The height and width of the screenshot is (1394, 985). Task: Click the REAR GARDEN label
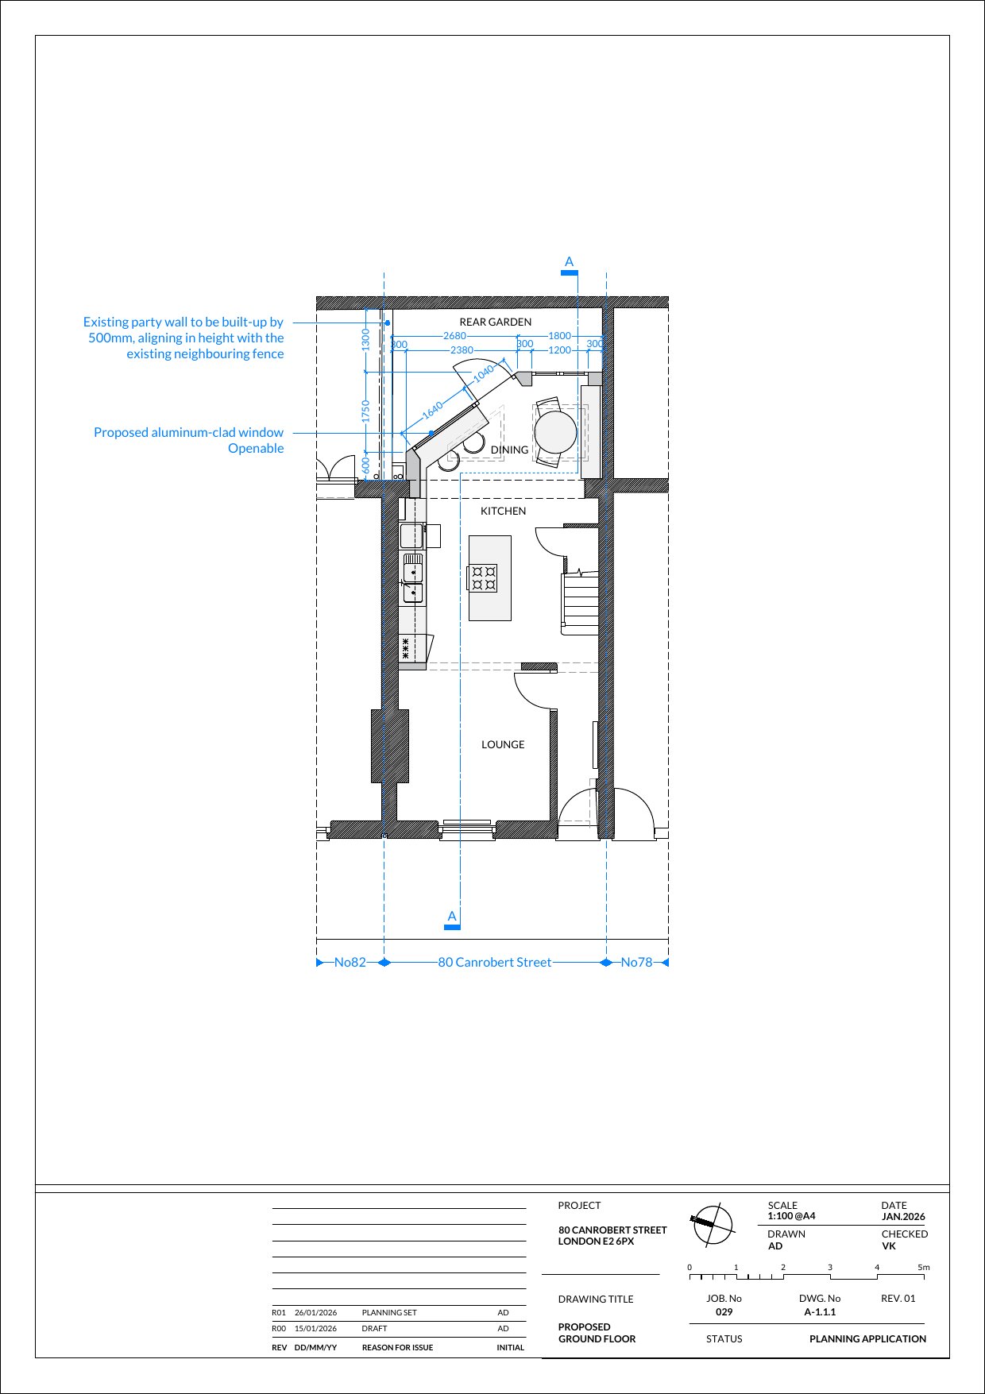tap(495, 322)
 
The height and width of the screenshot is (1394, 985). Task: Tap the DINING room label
tap(509, 450)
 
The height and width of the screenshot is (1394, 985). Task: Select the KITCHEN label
tap(503, 511)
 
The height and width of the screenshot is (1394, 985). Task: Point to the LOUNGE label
tap(503, 744)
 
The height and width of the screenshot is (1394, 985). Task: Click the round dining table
tap(555, 432)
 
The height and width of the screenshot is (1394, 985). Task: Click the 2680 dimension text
tap(454, 336)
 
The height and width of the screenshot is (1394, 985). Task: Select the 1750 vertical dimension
tap(365, 411)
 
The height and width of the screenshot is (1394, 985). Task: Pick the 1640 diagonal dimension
tap(433, 410)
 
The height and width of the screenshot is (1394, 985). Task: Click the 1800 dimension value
tap(560, 336)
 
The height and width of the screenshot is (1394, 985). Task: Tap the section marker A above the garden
tap(569, 262)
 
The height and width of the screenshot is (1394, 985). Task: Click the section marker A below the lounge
tap(452, 917)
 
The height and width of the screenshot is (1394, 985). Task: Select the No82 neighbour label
tap(350, 962)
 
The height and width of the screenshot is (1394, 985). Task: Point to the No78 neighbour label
tap(636, 962)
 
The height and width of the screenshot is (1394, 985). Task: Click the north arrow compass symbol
tap(712, 1224)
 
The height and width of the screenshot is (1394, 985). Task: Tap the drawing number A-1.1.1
tap(820, 1312)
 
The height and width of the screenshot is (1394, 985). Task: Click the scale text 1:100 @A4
tap(791, 1216)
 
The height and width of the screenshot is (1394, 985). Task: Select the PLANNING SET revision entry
tap(389, 1313)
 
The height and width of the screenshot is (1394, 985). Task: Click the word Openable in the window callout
tap(256, 448)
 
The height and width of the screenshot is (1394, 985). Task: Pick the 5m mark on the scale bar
tap(924, 1268)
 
